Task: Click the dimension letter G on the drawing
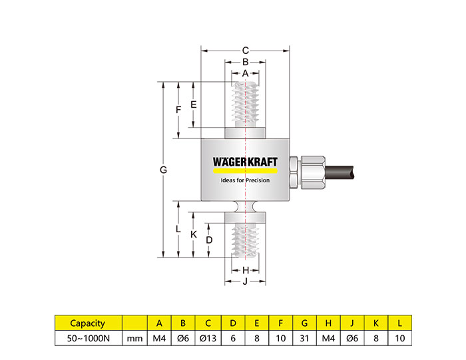point(163,170)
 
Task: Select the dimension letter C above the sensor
point(245,50)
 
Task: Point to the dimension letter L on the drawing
point(178,229)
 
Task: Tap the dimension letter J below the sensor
point(245,281)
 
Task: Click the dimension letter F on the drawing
point(178,110)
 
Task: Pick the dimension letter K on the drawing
point(193,235)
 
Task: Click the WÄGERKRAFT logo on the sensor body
point(245,162)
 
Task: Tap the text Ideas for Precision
point(245,180)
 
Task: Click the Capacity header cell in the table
point(87,323)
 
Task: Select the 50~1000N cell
point(87,338)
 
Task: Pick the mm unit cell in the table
point(134,338)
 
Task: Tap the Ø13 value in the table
point(208,338)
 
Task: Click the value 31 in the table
point(304,338)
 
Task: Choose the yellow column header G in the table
point(304,323)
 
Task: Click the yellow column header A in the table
point(159,323)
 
